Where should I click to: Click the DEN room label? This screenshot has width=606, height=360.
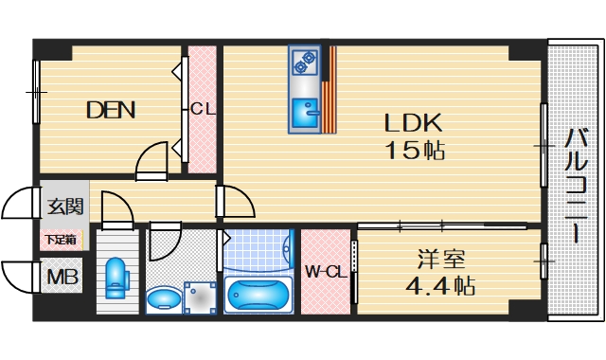[111, 110]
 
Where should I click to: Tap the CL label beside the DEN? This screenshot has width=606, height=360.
[202, 109]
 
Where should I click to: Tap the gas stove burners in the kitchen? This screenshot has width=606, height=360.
[306, 63]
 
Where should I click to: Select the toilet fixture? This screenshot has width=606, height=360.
[116, 279]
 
